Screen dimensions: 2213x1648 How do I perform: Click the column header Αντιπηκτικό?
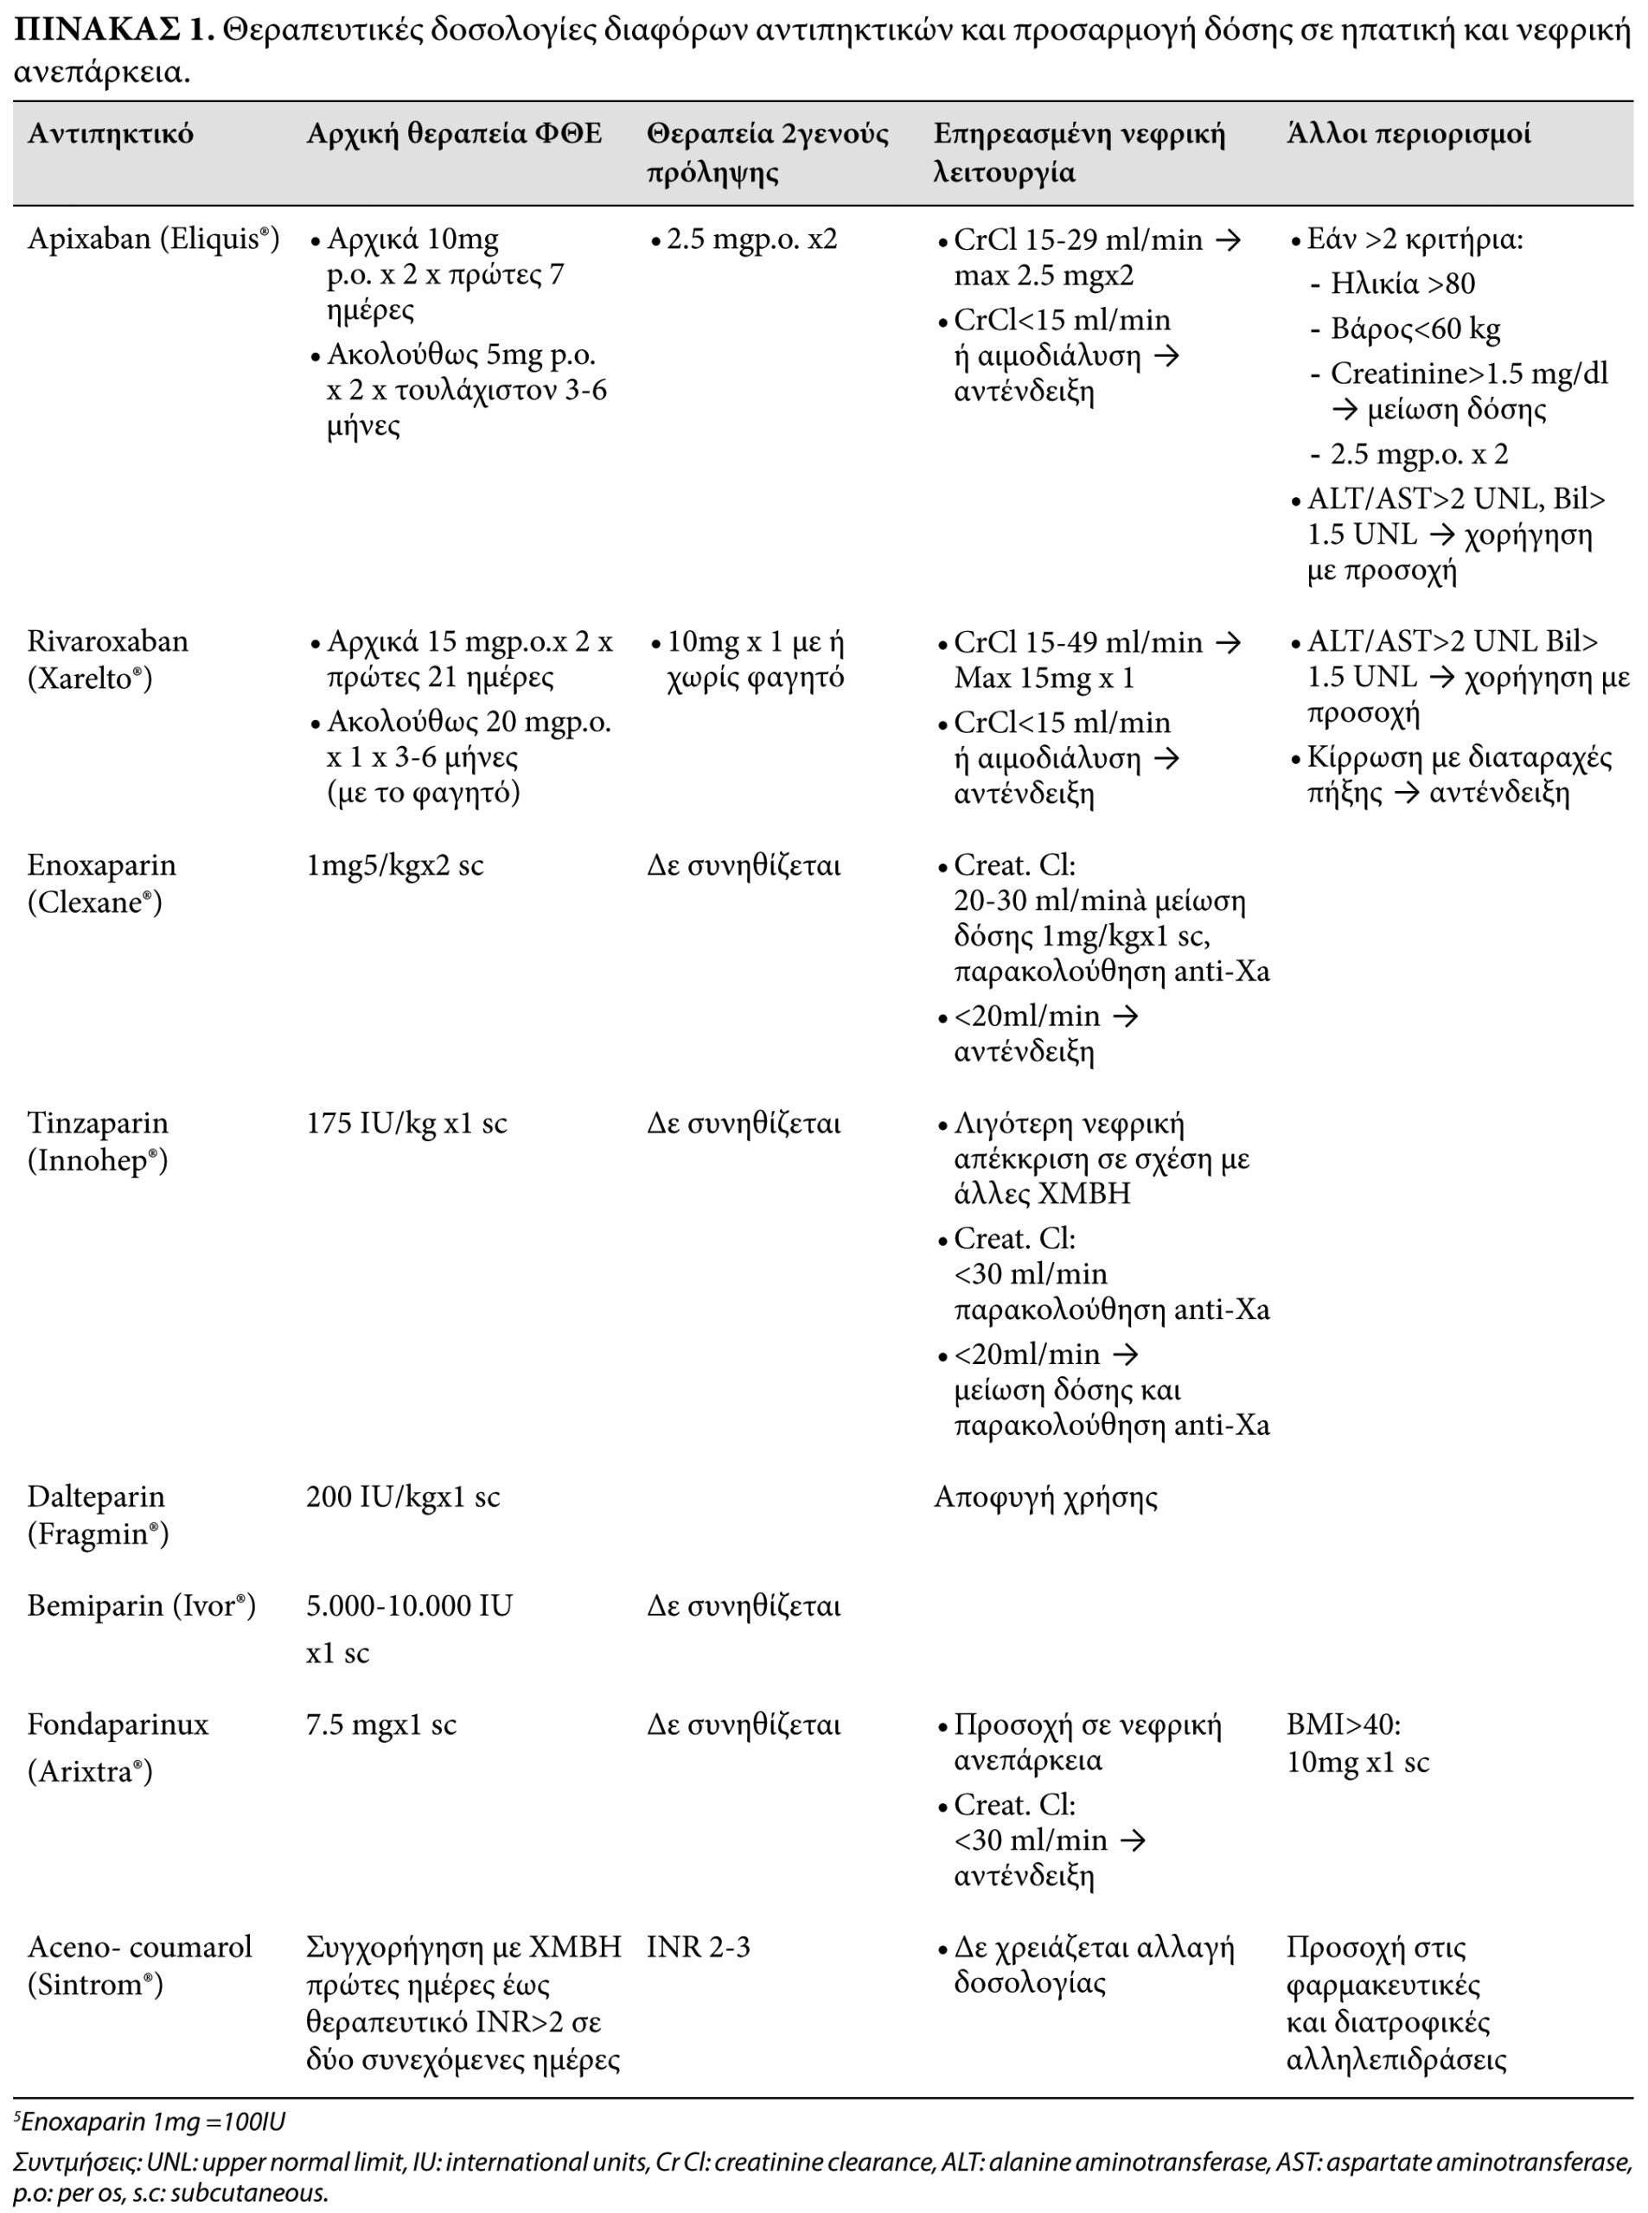pos(110,134)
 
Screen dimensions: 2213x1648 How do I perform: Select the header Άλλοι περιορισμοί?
pos(1408,134)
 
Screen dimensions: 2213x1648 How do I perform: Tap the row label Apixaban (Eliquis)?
pos(153,239)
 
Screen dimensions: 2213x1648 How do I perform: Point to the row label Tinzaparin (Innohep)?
pos(98,1141)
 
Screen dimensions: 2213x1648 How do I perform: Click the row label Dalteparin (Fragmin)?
pos(97,1514)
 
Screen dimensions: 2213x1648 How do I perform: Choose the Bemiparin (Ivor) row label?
pos(141,1605)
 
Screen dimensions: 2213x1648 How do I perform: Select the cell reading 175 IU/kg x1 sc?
pos(406,1124)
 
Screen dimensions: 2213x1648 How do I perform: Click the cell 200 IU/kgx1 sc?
pos(402,1497)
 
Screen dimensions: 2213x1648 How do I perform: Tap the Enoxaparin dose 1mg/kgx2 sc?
pos(394,864)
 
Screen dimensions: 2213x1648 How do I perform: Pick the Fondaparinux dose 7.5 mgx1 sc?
pos(380,1725)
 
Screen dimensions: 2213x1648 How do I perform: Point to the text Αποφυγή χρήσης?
pos(1044,1497)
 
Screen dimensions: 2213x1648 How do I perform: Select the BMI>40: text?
pos(1343,1725)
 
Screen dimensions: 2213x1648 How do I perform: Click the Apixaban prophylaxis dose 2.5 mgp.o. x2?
pos(751,239)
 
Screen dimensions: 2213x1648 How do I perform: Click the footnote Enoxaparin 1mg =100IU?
pos(150,2121)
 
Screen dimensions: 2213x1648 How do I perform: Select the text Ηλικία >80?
pos(1402,284)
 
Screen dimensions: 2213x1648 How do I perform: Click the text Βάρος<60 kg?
pos(1415,329)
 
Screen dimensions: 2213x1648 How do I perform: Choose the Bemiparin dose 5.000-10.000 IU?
pos(409,1605)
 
